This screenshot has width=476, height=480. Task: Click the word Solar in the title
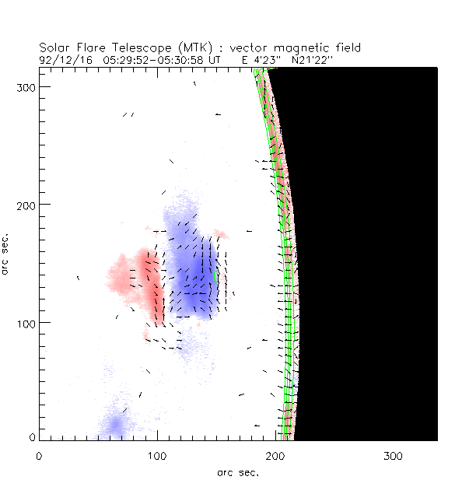(54, 47)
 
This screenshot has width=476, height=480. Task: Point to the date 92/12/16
(62, 58)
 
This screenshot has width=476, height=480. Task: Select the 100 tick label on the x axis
(158, 456)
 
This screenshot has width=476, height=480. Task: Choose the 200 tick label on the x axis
(276, 456)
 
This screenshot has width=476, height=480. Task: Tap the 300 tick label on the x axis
(394, 456)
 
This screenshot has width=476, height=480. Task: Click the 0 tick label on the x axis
(39, 456)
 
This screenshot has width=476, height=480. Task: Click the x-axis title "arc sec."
(238, 472)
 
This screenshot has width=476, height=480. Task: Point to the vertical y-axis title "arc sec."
(7, 253)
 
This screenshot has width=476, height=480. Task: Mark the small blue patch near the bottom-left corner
(116, 425)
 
